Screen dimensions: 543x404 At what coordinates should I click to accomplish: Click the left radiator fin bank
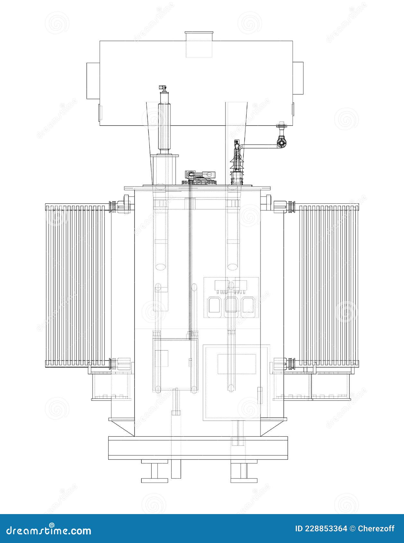75,285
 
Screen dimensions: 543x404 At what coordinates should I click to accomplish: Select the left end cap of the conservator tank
93,81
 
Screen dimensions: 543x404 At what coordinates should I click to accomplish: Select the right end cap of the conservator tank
298,78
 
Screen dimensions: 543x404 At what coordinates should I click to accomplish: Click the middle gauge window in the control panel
231,305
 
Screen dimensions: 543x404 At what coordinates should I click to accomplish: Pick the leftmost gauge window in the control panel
214,305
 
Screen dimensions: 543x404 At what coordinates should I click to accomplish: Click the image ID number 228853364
326,529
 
